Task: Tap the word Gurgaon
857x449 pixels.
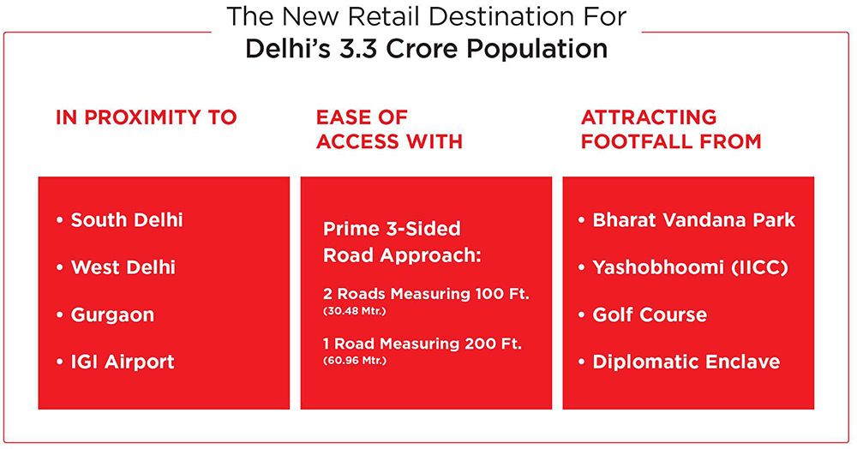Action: pyautogui.click(x=112, y=315)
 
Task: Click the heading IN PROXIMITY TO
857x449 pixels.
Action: pyautogui.click(x=146, y=117)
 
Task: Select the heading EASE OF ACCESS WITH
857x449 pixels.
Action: pyautogui.click(x=389, y=129)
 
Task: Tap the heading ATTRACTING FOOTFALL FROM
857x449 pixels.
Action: pyautogui.click(x=671, y=129)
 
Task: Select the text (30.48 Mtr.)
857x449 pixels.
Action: pyautogui.click(x=355, y=311)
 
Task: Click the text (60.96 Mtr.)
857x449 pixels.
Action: pyautogui.click(x=355, y=361)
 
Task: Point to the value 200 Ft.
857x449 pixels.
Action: pyautogui.click(x=493, y=344)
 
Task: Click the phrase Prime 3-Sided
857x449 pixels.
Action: pyautogui.click(x=392, y=228)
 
